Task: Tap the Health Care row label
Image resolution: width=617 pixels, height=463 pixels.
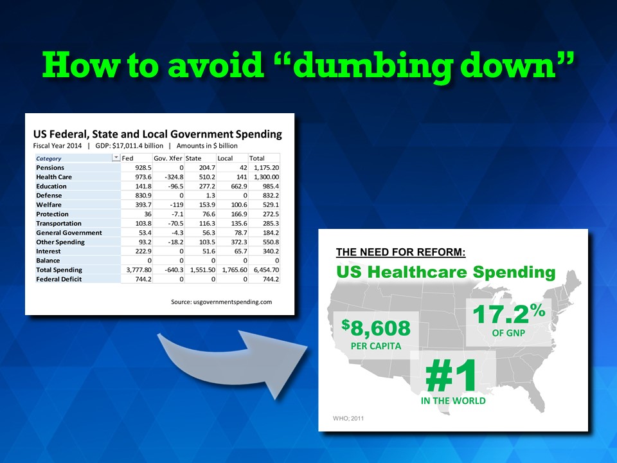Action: point(54,177)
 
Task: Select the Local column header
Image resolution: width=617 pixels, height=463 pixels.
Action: point(225,158)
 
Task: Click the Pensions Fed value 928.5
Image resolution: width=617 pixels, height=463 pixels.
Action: point(143,168)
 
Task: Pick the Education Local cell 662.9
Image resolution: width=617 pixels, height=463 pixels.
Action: point(239,186)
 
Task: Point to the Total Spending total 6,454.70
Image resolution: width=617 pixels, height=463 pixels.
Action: point(266,270)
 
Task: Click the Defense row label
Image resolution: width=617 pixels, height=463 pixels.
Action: point(49,195)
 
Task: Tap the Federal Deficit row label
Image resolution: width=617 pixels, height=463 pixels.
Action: point(58,279)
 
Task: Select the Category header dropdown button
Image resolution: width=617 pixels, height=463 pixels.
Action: point(116,158)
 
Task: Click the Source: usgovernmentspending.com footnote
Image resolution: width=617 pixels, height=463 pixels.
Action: point(221,302)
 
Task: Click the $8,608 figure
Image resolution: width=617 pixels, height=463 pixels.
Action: point(376,328)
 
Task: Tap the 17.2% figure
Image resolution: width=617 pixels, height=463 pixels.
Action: point(509,313)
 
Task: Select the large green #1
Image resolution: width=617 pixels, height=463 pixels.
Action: point(451,375)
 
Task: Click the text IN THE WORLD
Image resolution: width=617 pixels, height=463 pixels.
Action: point(453,401)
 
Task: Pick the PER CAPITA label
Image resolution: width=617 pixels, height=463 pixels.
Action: point(376,347)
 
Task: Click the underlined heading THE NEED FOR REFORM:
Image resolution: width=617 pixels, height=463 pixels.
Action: point(400,252)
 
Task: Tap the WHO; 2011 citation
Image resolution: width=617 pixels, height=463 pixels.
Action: point(348,419)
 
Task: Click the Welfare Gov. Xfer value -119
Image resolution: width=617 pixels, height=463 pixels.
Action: point(177,204)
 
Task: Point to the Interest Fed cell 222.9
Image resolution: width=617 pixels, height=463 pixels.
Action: point(143,251)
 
